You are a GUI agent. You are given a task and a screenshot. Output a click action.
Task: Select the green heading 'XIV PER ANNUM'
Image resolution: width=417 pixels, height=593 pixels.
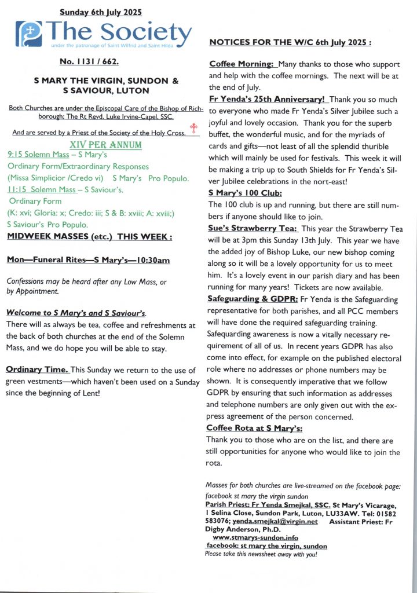101,144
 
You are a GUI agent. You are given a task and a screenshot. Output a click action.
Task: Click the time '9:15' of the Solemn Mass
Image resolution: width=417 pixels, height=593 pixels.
17,155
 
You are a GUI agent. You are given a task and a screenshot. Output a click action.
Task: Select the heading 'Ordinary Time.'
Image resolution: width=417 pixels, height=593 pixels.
37,369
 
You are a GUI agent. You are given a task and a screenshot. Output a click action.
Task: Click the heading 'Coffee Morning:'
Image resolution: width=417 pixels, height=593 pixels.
241,64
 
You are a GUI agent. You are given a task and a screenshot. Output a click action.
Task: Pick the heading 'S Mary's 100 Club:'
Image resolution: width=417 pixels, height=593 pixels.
245,193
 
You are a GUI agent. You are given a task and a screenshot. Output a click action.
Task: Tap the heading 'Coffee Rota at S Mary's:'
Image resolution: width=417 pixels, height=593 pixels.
254,428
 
